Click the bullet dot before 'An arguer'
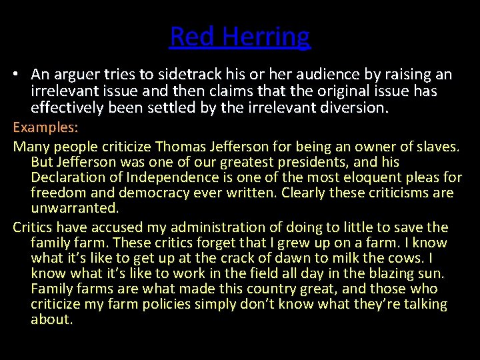pos(17,75)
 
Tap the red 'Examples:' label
pos(45,127)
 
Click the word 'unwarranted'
pos(73,208)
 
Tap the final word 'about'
pos(51,319)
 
